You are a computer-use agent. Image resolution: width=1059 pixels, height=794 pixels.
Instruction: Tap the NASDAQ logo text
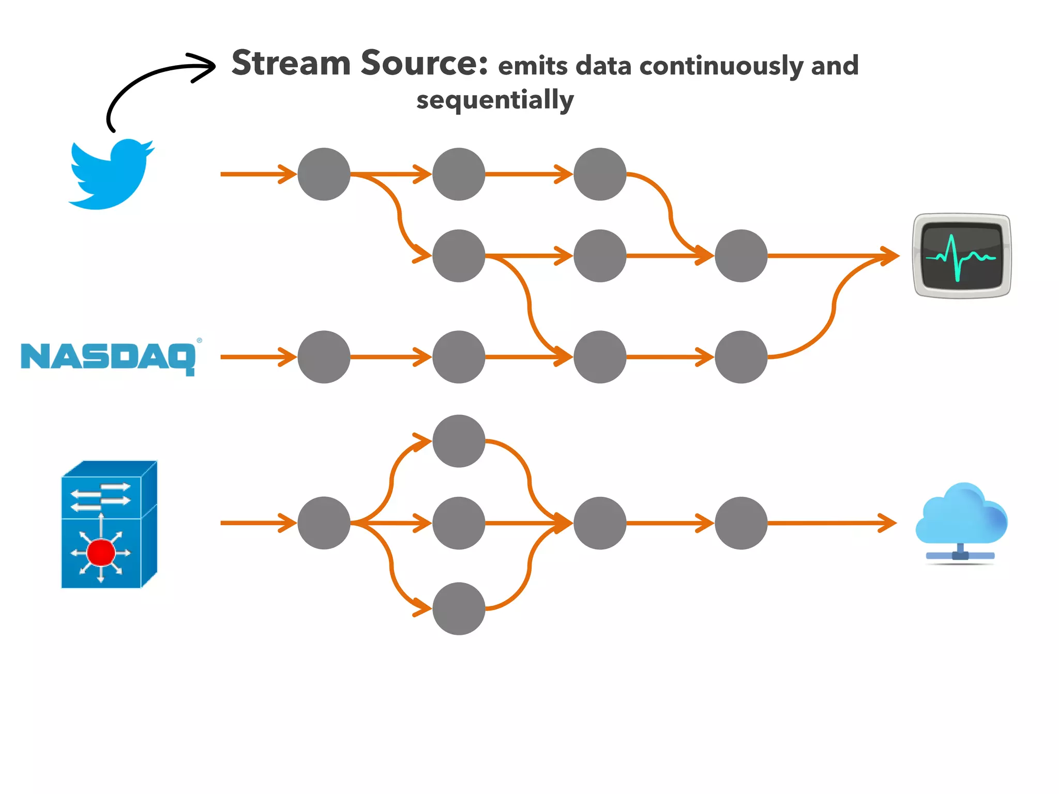click(108, 357)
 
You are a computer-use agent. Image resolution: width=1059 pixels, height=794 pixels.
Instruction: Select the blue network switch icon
click(109, 524)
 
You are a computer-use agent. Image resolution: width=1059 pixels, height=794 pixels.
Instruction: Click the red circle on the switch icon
click(101, 552)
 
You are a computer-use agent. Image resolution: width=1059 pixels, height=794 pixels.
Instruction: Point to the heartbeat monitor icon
click(961, 256)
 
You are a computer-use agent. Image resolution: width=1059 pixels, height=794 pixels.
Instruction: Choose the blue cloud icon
click(961, 517)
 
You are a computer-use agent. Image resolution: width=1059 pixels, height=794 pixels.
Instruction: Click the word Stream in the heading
click(291, 63)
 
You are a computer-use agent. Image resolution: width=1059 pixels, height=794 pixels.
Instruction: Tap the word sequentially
click(495, 100)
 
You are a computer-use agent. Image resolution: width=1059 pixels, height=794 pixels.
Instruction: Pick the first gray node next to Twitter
click(324, 174)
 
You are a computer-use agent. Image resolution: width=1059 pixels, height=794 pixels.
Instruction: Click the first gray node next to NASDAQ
click(324, 357)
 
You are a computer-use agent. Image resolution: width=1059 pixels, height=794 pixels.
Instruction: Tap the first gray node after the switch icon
click(324, 523)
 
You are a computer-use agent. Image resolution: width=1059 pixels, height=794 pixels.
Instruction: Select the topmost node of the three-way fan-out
click(459, 441)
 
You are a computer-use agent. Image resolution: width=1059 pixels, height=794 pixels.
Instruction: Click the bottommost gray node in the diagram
click(459, 608)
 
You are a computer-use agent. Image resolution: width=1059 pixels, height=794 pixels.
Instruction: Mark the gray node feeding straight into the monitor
click(741, 256)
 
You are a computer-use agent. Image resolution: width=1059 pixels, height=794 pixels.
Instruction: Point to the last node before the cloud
click(741, 523)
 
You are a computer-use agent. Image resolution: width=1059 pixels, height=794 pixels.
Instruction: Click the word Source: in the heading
click(424, 63)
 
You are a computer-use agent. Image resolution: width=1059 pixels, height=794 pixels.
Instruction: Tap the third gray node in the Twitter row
click(600, 174)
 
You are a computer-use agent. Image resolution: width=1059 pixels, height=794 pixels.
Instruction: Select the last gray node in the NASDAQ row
click(741, 357)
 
